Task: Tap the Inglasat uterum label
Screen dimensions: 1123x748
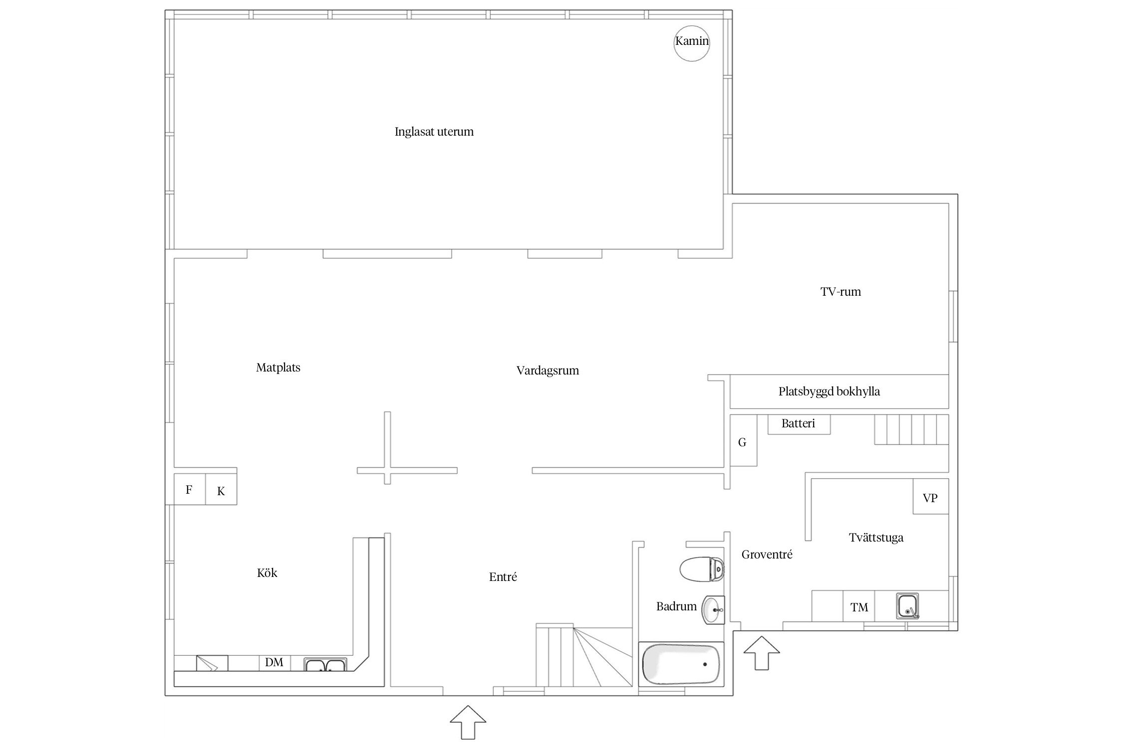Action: [434, 132]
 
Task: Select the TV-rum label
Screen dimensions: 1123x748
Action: [841, 292]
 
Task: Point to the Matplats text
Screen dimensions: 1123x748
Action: [278, 368]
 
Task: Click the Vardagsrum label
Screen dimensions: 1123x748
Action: [548, 371]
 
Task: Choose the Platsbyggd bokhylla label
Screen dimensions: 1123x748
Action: [829, 391]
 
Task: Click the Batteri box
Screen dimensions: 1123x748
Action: [799, 424]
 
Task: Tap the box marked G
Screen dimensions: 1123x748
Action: [743, 440]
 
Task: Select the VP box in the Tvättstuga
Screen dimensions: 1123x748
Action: [930, 496]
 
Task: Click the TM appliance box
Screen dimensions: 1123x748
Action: [859, 606]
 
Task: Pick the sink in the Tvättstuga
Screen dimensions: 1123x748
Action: [907, 606]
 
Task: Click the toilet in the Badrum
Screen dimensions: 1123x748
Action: [702, 569]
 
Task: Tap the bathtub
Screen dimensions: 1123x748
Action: [681, 664]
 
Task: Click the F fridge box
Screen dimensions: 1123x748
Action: [190, 489]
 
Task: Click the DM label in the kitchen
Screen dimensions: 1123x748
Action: [274, 662]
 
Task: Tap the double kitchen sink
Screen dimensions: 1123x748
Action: [325, 665]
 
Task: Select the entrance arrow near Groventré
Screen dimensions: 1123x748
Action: [762, 653]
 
